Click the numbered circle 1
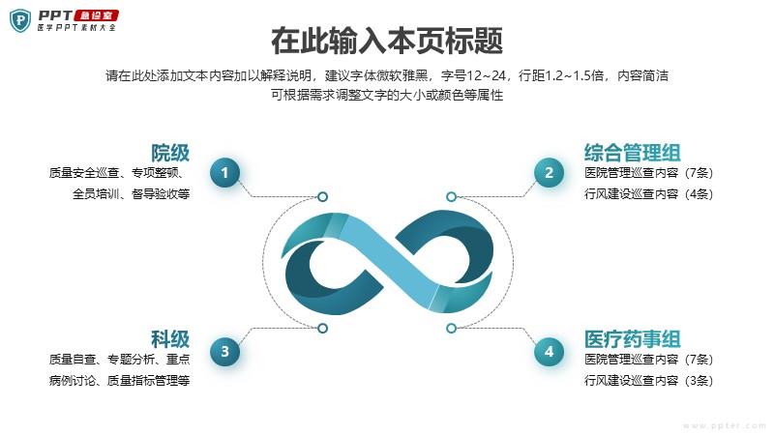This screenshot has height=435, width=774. point(225,173)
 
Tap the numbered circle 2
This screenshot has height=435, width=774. point(549,173)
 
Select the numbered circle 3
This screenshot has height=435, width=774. point(225,351)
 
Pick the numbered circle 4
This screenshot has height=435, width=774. point(549,351)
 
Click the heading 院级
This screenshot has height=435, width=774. point(170,153)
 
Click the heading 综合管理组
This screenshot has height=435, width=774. point(633,153)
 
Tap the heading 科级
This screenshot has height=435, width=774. point(170,339)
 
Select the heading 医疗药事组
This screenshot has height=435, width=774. point(633,339)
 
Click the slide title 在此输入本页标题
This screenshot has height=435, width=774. point(387,41)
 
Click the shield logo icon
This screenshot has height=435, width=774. point(20,20)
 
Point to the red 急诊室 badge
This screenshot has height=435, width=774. point(96,15)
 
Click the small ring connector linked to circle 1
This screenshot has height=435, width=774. point(322,197)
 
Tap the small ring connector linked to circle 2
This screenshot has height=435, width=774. point(451,197)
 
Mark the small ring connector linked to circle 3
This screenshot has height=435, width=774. point(322,328)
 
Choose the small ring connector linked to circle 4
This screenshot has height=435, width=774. point(451,328)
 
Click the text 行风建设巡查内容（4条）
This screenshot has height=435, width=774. point(648,194)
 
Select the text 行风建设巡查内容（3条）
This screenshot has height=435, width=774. point(648,380)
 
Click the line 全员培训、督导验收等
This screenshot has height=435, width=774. point(131,194)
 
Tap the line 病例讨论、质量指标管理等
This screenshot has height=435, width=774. point(119,380)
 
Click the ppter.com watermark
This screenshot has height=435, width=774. point(725,425)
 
